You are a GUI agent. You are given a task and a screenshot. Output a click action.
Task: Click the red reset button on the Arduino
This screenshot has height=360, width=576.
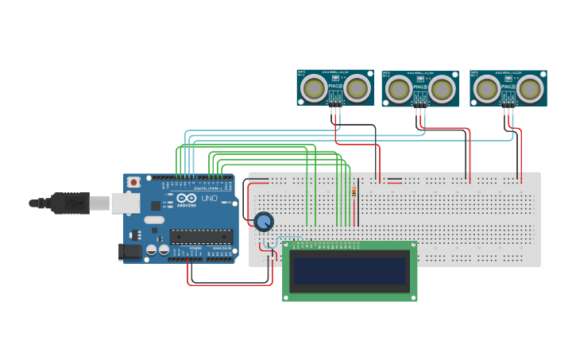coord(133,182)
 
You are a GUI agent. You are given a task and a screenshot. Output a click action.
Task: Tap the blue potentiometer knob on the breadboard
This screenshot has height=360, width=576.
coord(264,221)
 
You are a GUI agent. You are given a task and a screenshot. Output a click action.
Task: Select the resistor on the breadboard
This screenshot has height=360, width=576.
coord(354,192)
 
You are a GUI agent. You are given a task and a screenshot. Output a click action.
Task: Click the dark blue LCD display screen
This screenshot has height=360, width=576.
coord(350,271)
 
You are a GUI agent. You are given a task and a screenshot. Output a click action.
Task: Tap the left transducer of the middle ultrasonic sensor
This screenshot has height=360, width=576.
coord(399,89)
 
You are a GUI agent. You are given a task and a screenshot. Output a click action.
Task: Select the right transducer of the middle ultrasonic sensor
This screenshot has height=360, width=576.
coord(441,89)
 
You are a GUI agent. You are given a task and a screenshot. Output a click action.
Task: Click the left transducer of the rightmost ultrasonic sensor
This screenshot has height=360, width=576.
coord(487,88)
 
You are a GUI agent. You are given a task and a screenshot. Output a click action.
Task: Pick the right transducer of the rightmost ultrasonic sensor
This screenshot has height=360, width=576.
coord(529,88)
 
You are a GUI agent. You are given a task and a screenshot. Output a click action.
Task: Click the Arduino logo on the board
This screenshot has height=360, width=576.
coord(186,199)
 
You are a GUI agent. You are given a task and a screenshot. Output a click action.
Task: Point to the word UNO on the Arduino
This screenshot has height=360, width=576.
coord(209,199)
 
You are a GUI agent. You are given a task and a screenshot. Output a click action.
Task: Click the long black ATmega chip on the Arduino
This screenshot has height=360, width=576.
coord(201,236)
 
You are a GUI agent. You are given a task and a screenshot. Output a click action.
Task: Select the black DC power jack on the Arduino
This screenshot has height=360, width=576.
coord(130,252)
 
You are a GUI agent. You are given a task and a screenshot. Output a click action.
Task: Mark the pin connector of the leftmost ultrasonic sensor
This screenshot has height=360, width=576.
coord(336,99)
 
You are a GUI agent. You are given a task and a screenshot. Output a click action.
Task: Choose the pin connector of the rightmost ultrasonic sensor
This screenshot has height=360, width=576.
coord(508,99)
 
